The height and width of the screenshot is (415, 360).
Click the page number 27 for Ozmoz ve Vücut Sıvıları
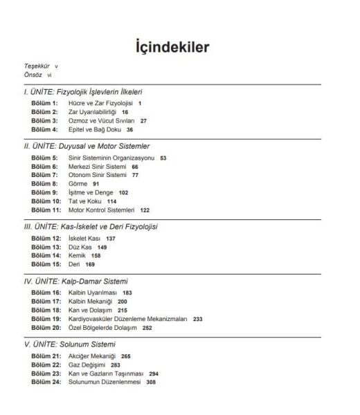(143, 120)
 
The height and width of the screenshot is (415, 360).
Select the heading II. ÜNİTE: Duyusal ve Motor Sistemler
(87, 146)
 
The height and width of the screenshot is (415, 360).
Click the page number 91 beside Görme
(96, 183)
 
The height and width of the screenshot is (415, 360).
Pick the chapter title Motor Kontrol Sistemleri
(101, 210)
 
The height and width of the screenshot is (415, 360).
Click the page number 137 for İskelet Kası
(111, 239)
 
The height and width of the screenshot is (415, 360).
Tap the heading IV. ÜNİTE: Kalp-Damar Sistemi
(76, 282)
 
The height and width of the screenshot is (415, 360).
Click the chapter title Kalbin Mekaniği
(90, 302)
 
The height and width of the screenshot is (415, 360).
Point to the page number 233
(198, 319)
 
